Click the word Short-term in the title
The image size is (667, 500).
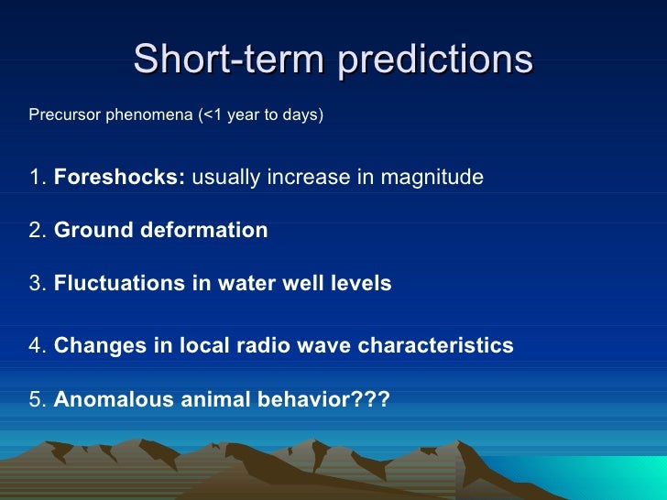(x=229, y=59)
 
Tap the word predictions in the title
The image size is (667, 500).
(x=435, y=60)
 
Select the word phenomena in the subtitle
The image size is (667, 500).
(x=149, y=114)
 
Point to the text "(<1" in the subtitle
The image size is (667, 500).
(x=210, y=114)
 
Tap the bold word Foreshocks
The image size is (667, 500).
(x=119, y=177)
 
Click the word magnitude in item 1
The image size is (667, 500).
(x=432, y=178)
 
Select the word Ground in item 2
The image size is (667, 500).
(x=93, y=230)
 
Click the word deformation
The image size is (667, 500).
(x=204, y=230)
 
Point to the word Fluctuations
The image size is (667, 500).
(x=119, y=283)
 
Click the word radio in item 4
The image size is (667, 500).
(x=263, y=345)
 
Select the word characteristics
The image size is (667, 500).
(x=435, y=345)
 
